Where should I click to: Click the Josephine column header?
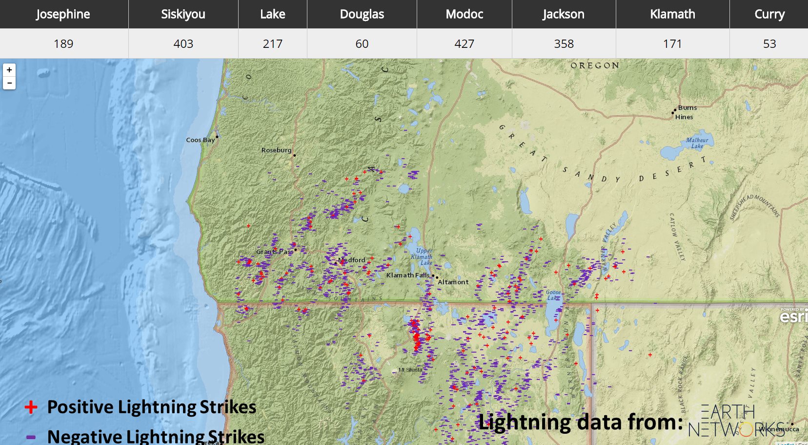[x=63, y=14]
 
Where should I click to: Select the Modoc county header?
[x=464, y=14]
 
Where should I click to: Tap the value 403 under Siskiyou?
[x=183, y=44]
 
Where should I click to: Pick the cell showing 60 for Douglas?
[x=362, y=44]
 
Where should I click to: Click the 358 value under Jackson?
[x=564, y=44]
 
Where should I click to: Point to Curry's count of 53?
[x=769, y=44]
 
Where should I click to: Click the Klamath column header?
[x=672, y=14]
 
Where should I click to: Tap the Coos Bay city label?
[x=200, y=140]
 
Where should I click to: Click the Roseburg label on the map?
[x=276, y=150]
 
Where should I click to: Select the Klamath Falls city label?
[x=407, y=275]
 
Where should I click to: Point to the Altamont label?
[x=453, y=282]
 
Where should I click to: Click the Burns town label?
[x=687, y=107]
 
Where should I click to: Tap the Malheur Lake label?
[x=697, y=143]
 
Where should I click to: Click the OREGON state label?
[x=595, y=65]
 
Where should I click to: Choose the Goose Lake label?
[x=553, y=295]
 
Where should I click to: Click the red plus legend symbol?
[x=31, y=407]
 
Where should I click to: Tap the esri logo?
[x=793, y=317]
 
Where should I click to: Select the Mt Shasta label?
[x=410, y=370]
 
